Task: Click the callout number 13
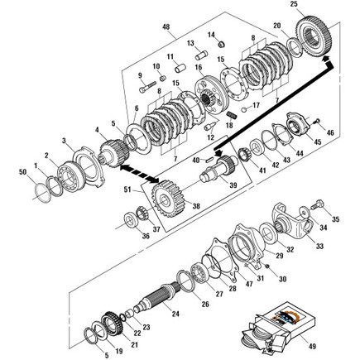point(190,42)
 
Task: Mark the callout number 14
point(211,35)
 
